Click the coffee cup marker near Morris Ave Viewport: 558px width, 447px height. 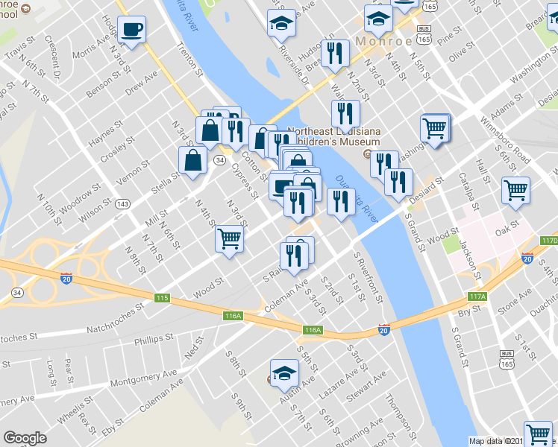point(131,31)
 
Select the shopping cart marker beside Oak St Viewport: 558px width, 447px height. point(515,191)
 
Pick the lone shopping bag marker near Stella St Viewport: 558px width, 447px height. point(193,160)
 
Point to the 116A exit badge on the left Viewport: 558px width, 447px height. point(233,316)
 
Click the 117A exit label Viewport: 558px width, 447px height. point(477,297)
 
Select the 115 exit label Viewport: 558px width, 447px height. point(162,298)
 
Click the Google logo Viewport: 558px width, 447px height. point(25,437)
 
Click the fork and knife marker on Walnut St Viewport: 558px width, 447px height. point(345,114)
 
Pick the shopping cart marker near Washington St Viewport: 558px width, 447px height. point(435,128)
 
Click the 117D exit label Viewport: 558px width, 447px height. point(550,241)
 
